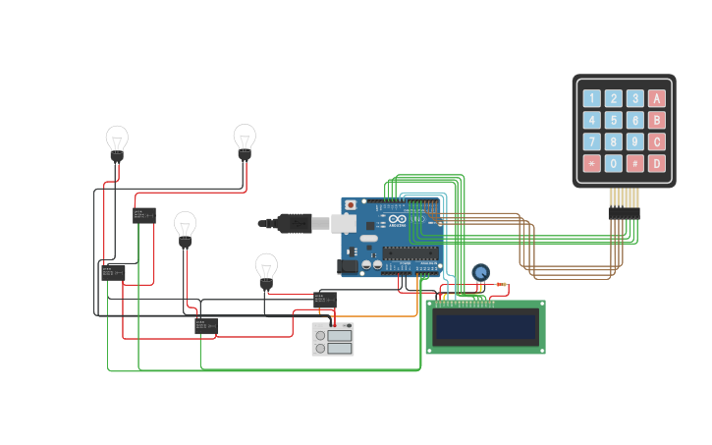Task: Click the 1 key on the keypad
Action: (x=591, y=98)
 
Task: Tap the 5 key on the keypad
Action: (x=614, y=120)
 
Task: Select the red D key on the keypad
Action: (x=657, y=163)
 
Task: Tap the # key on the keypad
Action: (x=635, y=163)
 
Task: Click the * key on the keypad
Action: (x=591, y=163)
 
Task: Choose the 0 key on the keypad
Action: (x=614, y=163)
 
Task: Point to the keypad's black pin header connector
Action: (x=624, y=212)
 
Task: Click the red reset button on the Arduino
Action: (x=351, y=205)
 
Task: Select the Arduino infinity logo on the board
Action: (x=397, y=218)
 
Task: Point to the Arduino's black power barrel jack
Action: (x=347, y=265)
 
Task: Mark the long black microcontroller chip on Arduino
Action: (x=411, y=252)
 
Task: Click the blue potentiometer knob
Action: (x=480, y=272)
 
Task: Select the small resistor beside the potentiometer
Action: (x=501, y=286)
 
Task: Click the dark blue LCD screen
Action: (x=485, y=326)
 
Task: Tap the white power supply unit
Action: (x=333, y=339)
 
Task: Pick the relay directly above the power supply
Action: (x=325, y=300)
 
